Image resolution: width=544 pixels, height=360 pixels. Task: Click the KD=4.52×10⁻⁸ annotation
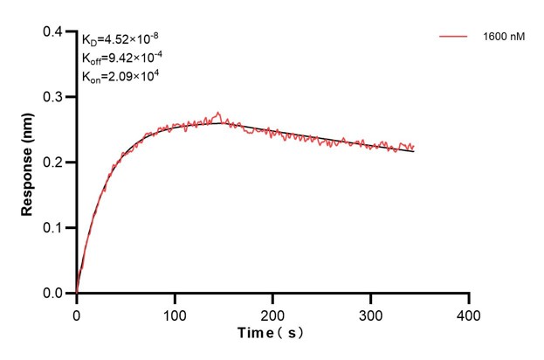[x=121, y=39]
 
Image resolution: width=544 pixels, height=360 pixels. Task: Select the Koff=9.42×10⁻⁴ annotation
[x=121, y=58]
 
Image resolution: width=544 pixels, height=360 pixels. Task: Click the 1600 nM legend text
[x=504, y=38]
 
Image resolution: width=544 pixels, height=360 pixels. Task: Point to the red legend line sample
[x=454, y=38]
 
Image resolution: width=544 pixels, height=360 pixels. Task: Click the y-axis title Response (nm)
[x=27, y=163]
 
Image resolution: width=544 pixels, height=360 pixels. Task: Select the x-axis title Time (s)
[x=272, y=333]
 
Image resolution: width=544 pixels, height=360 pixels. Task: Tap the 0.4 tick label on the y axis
[x=54, y=32]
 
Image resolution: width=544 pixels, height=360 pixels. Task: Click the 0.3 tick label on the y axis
[x=54, y=98]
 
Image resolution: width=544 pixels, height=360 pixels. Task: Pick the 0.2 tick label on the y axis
[x=54, y=163]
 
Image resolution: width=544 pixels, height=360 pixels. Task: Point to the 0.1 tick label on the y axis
[x=54, y=228]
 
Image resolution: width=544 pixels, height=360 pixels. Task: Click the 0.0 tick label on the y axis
[x=54, y=294]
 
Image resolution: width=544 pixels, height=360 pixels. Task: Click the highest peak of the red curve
[x=218, y=113]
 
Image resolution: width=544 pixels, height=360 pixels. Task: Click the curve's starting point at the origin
[x=77, y=293]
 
